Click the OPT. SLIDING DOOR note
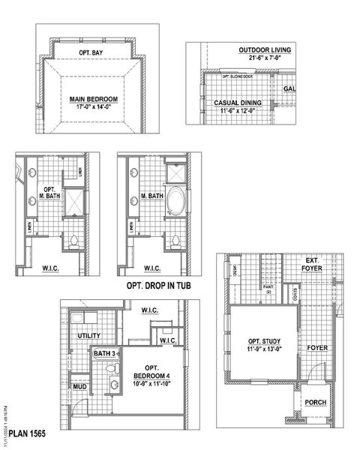coord(239,76)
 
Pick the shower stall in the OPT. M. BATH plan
coord(73,202)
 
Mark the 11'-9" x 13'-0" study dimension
coord(265,349)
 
